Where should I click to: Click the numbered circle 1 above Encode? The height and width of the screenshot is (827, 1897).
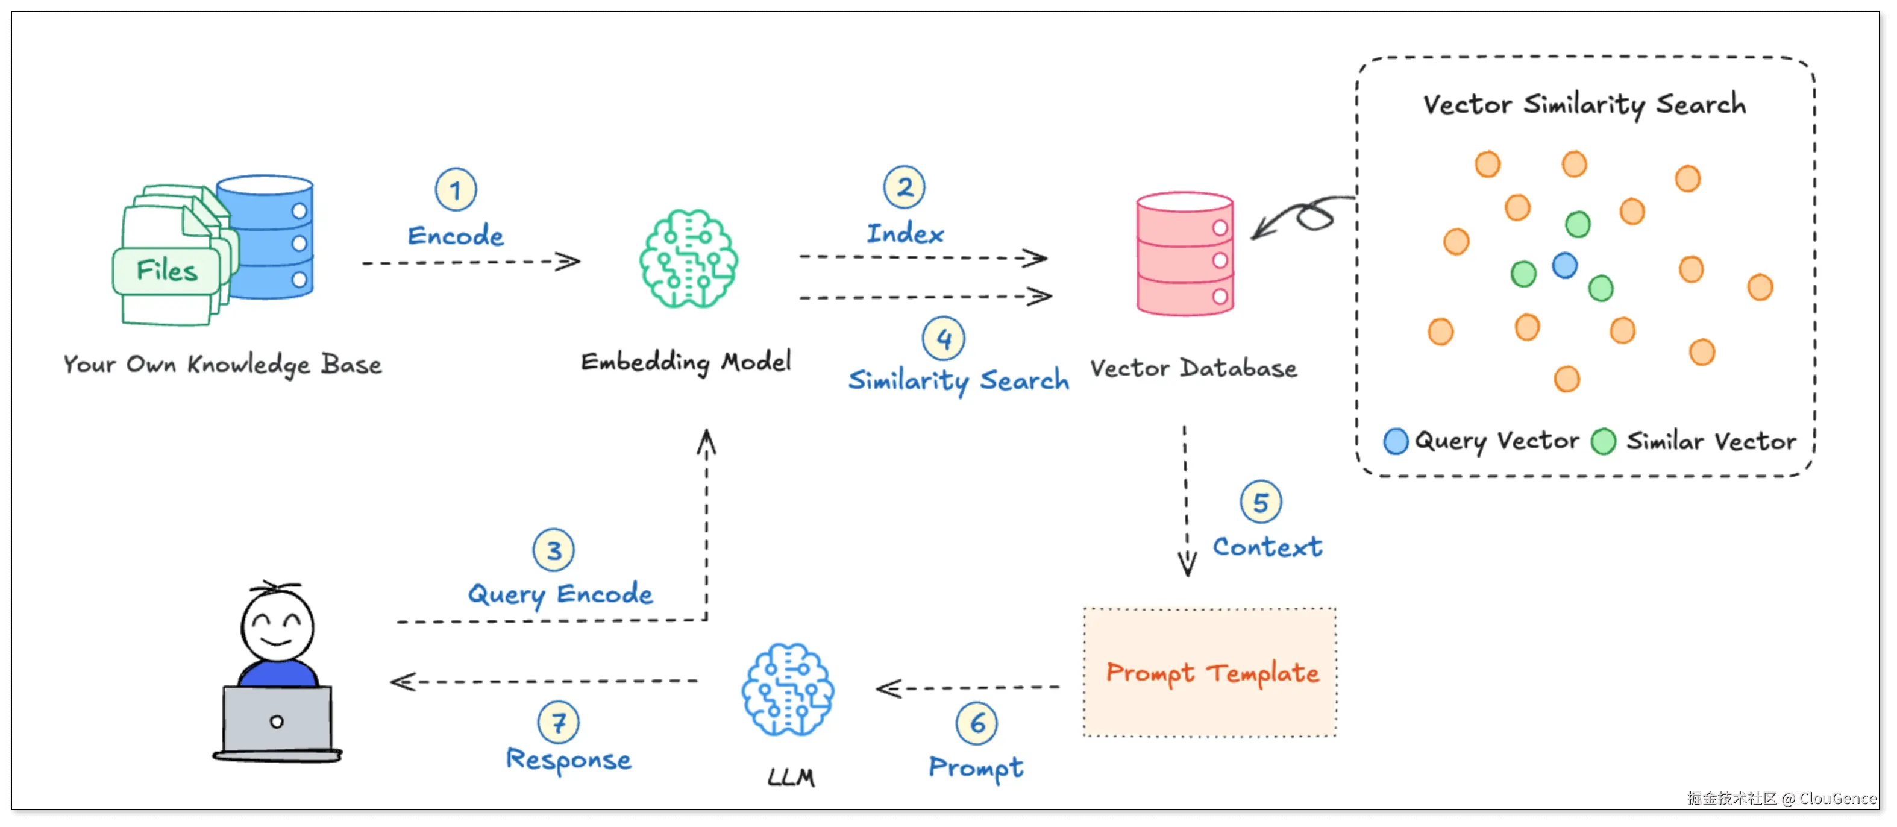pos(456,190)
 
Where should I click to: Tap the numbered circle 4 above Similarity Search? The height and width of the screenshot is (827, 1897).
pos(943,339)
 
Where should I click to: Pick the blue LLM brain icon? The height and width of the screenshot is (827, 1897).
pos(788,690)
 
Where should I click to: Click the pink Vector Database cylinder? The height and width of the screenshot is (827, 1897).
pos(1185,254)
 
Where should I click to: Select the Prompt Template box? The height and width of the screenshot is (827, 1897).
pos(1210,672)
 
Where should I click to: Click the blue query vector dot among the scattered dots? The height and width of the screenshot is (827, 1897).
pos(1564,265)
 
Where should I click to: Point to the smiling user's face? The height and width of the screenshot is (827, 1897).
pos(277,626)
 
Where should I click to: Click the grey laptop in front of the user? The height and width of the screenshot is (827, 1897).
pos(277,720)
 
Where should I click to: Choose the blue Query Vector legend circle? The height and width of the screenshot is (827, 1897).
pos(1396,441)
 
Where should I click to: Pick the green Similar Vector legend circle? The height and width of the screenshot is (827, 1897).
pos(1603,442)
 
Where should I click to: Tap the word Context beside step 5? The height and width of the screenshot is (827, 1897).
pos(1267,547)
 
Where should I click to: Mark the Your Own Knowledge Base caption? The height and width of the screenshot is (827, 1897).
pos(222,365)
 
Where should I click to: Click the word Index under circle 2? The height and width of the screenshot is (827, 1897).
pos(905,233)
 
